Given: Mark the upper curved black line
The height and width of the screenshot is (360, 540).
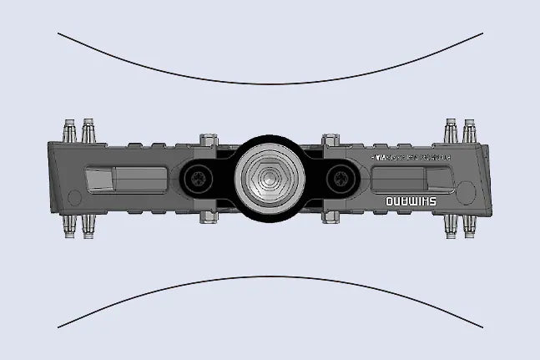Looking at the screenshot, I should pyautogui.click(x=270, y=84).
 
